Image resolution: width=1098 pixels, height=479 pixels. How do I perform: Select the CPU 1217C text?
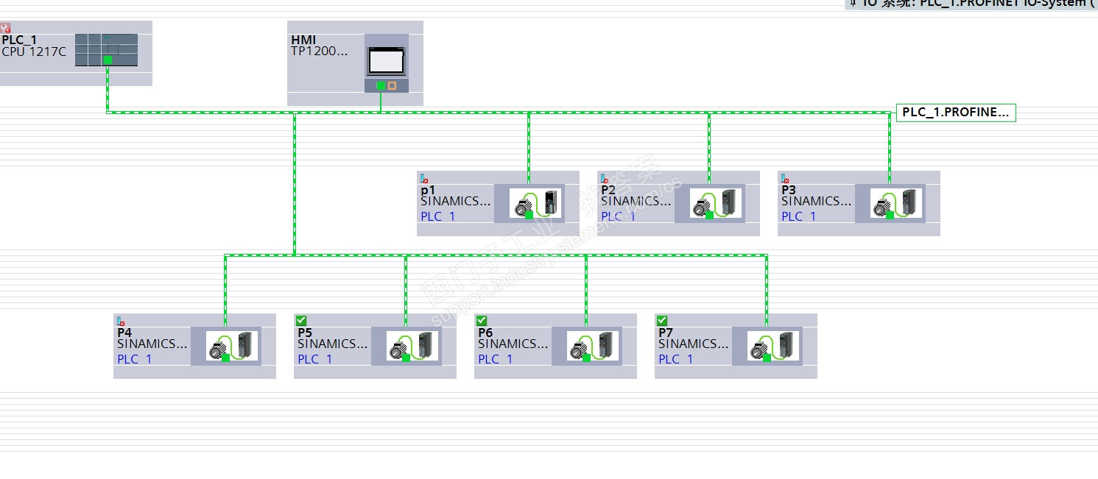click(34, 52)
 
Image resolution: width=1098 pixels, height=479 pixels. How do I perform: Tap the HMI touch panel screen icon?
click(386, 59)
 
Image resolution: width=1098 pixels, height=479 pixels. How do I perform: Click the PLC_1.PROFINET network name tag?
click(955, 113)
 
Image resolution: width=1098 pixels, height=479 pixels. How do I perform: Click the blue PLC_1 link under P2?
click(619, 216)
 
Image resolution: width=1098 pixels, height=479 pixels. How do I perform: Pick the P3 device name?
click(789, 190)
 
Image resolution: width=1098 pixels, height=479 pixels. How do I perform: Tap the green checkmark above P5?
click(300, 320)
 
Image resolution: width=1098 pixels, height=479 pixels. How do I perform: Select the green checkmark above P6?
click(481, 320)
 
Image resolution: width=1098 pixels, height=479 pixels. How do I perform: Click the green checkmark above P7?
click(661, 320)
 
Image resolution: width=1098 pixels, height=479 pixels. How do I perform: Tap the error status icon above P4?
click(121, 321)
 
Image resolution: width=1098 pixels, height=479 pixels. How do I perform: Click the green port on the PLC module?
click(108, 60)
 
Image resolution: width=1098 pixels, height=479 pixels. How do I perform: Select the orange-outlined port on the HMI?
click(392, 85)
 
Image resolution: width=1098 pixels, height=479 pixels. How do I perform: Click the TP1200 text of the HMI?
click(320, 52)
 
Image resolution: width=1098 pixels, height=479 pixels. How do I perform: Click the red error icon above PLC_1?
click(5, 28)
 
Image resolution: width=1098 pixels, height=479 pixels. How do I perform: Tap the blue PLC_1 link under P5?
click(315, 359)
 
